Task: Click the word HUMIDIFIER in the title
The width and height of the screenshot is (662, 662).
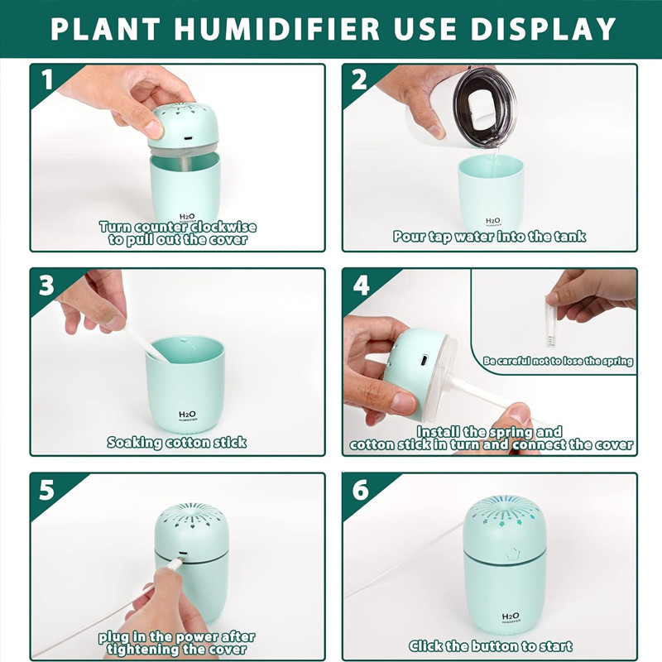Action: (x=277, y=29)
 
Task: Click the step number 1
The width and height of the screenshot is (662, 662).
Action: (x=47, y=79)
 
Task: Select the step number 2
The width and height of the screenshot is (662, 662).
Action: (x=359, y=79)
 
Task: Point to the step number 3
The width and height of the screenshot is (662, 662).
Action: (x=47, y=285)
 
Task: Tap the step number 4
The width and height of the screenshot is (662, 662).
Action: (x=361, y=285)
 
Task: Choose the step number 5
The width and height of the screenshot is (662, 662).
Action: (x=47, y=490)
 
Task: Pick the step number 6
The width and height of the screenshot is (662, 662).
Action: (x=360, y=490)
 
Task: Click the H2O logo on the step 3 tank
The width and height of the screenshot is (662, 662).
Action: (x=187, y=416)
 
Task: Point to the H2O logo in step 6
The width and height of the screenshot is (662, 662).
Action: (x=511, y=617)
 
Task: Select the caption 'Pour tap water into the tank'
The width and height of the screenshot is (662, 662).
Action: (x=489, y=236)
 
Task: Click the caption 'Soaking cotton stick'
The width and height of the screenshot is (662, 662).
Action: (x=176, y=442)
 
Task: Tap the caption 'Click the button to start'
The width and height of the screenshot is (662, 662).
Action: (x=490, y=646)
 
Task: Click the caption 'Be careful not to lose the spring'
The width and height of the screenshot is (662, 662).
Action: (x=558, y=361)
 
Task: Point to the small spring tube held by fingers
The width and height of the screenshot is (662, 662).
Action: (x=550, y=322)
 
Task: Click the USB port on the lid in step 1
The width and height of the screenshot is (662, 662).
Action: (x=189, y=139)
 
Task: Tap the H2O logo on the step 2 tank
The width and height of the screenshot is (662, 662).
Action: (x=492, y=222)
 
